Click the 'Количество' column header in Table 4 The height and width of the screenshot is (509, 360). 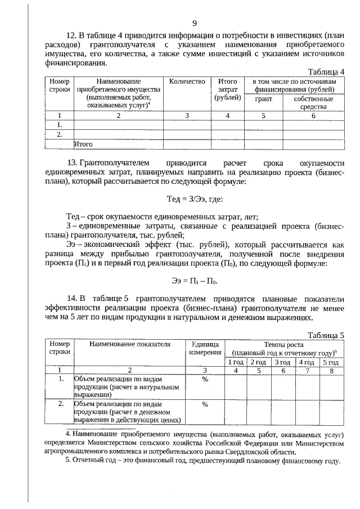[186, 82]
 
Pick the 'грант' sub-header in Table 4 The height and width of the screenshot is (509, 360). [263, 99]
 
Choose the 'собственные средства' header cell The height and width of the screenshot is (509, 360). [313, 102]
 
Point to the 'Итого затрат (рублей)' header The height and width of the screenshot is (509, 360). [228, 90]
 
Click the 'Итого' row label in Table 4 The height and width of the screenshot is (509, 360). [84, 145]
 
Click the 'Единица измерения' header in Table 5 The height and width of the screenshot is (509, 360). [205, 348]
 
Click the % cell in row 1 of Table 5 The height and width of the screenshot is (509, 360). [205, 379]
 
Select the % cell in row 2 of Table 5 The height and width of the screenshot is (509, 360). [205, 404]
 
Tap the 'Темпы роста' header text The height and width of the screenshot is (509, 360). [283, 344]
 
